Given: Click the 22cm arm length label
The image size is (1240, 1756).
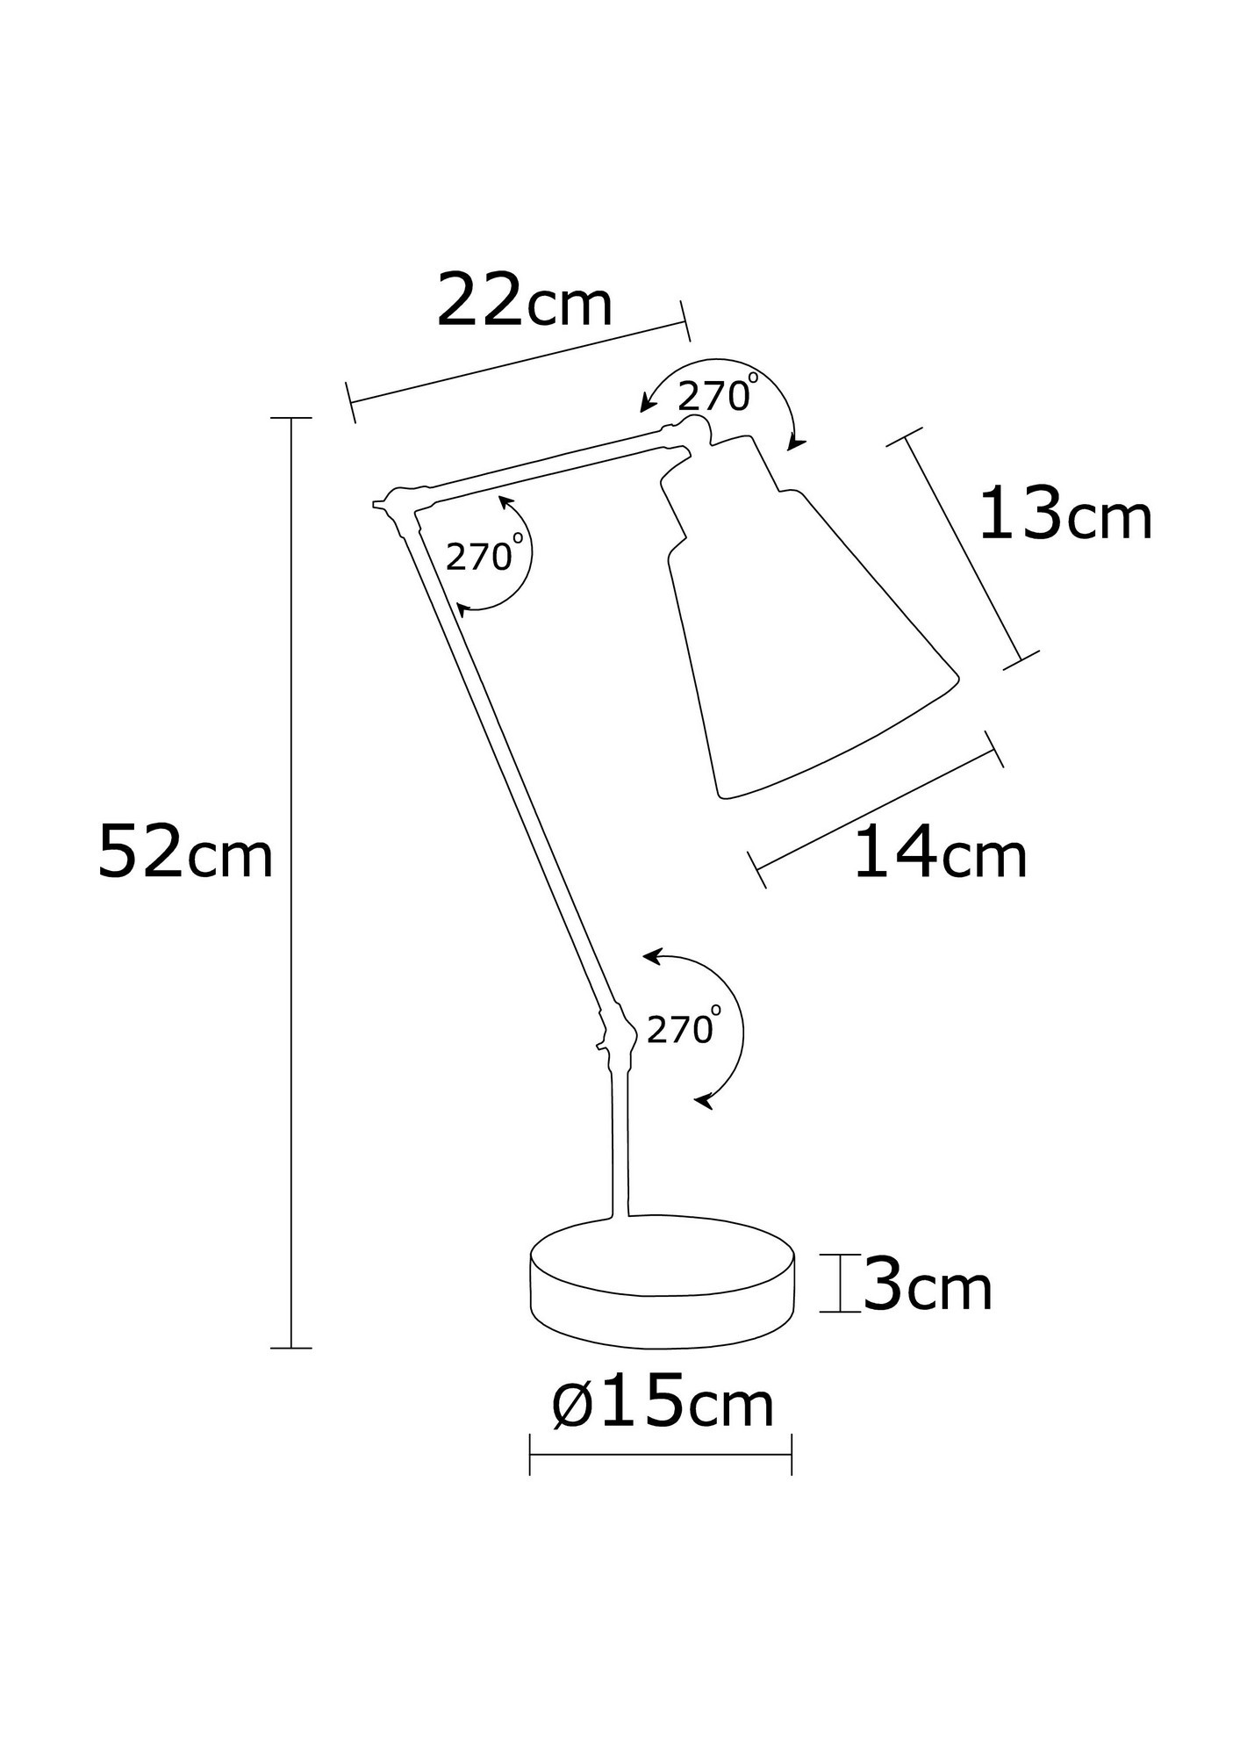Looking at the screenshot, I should click(524, 301).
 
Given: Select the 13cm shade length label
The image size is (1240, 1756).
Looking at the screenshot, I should click(1064, 515).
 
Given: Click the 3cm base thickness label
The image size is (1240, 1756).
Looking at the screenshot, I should click(928, 1287).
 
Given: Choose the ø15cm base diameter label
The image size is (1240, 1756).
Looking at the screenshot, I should click(663, 1404).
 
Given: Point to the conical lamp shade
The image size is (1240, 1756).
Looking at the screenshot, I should click(799, 641).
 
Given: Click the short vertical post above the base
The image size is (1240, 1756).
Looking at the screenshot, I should click(620, 1141).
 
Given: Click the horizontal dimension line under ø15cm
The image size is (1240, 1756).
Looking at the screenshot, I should click(661, 1454).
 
